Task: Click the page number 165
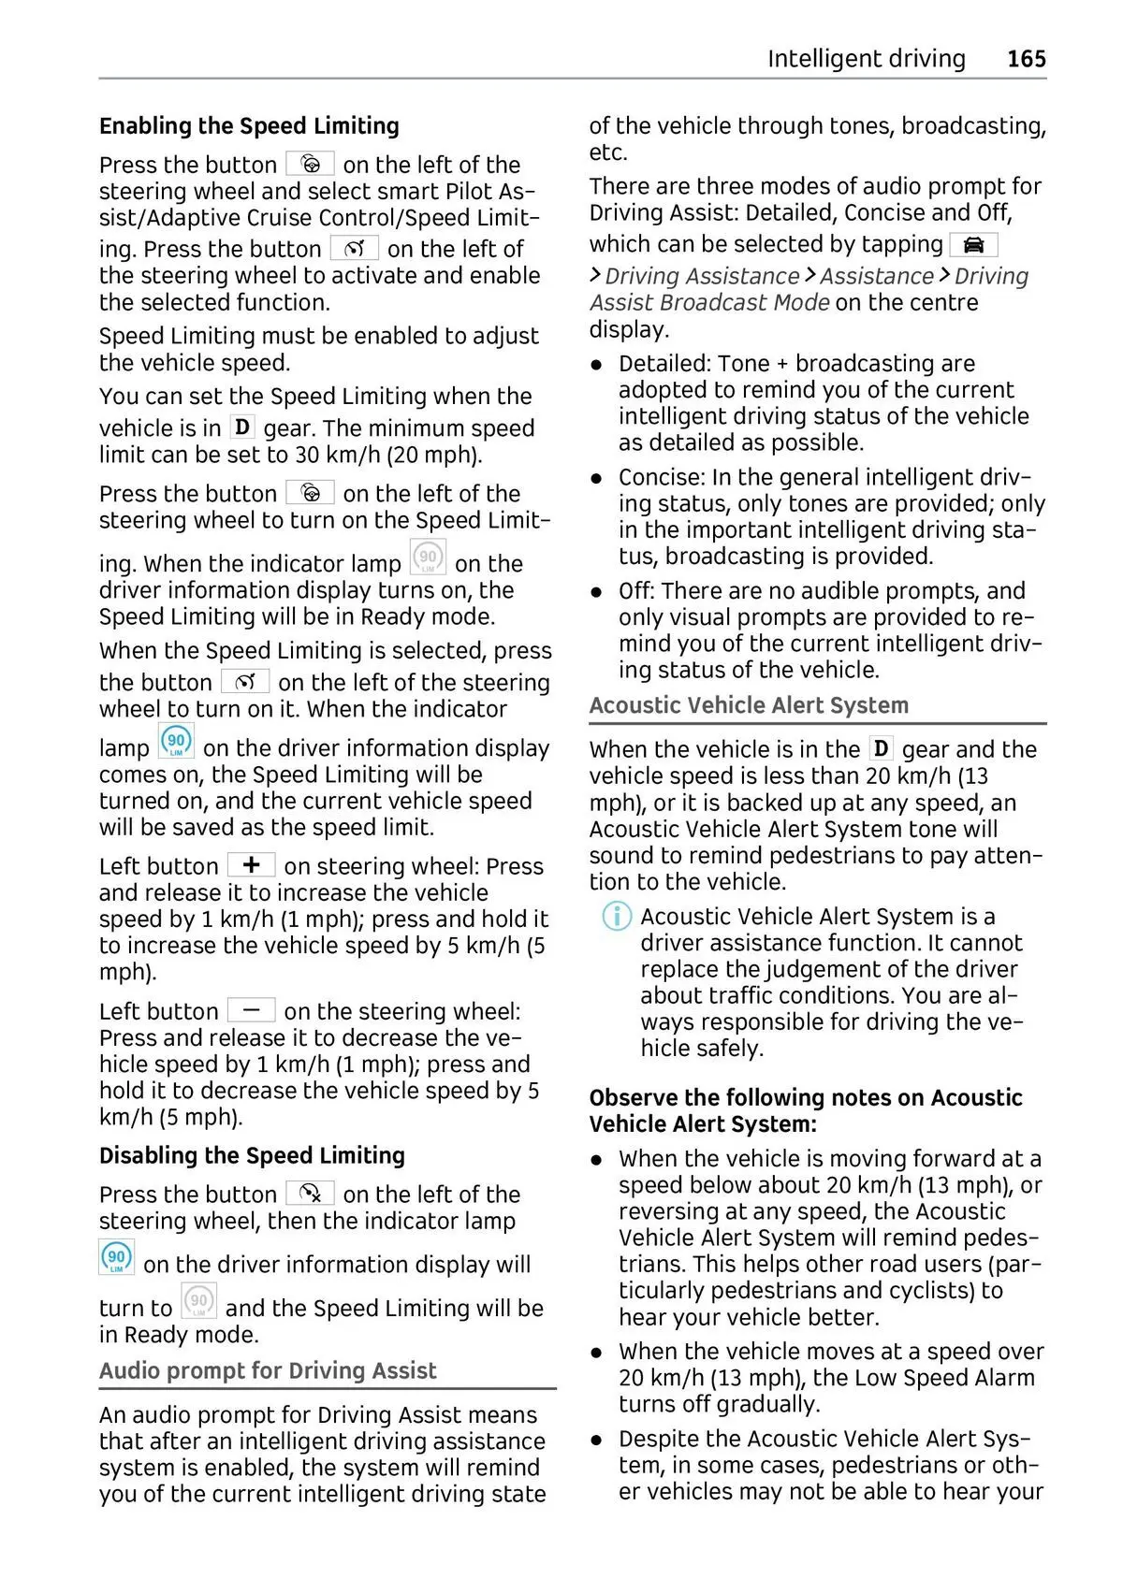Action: point(1026,59)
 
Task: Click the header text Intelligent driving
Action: point(866,59)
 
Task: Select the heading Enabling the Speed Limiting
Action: point(249,126)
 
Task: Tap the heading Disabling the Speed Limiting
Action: point(252,1156)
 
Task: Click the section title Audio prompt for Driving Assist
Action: point(268,1371)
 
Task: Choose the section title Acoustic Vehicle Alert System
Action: point(749,706)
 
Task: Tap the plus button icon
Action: point(251,865)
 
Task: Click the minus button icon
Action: point(251,1010)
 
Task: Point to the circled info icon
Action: point(616,916)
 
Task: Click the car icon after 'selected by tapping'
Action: point(973,245)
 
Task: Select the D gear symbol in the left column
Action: point(242,427)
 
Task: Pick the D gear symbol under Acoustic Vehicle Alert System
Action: point(881,749)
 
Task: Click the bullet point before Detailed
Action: point(596,365)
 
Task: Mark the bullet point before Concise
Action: point(596,478)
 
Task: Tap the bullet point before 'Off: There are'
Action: point(596,592)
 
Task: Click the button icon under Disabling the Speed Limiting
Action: point(310,1194)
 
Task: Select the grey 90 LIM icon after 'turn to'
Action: point(198,1302)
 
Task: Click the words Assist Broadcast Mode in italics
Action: point(709,303)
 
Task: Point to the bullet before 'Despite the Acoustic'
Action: point(596,1440)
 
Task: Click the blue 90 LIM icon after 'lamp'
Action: point(176,742)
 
